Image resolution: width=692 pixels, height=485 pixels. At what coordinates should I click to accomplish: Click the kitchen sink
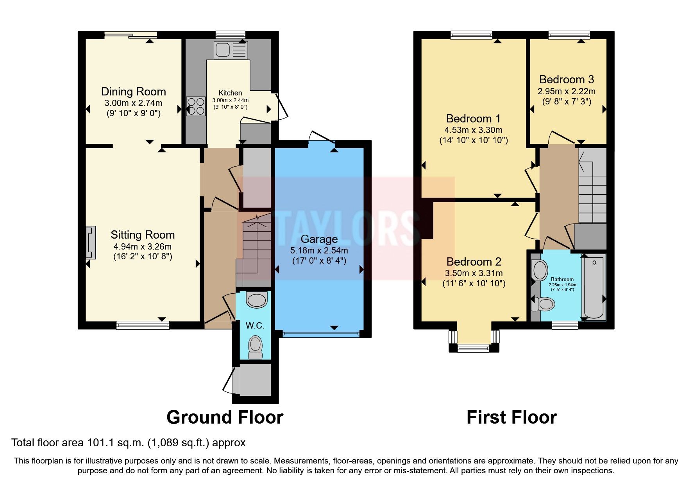230,50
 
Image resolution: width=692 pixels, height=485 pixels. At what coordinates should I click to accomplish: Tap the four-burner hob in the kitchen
196,106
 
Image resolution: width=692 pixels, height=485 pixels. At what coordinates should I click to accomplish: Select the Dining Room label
133,92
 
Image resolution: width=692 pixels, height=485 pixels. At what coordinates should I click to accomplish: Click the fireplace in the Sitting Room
91,242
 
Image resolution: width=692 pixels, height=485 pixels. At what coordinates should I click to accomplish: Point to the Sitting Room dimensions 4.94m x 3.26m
142,246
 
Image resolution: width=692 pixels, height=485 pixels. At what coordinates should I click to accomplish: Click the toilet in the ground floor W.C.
255,348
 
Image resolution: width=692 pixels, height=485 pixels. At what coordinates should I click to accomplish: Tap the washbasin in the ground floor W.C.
256,300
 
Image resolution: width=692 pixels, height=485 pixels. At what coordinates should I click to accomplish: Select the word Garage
319,239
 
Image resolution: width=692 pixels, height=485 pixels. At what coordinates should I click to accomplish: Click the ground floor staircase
254,250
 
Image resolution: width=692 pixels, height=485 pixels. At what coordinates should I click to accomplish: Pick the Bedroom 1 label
473,119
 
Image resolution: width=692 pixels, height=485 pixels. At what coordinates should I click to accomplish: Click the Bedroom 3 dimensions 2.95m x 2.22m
566,92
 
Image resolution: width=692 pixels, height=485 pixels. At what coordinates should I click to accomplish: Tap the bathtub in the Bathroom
593,287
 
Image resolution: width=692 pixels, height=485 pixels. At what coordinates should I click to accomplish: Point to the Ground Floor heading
225,417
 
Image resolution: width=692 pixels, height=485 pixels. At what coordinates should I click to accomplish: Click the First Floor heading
511,417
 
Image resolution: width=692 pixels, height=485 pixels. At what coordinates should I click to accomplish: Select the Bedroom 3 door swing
560,138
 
